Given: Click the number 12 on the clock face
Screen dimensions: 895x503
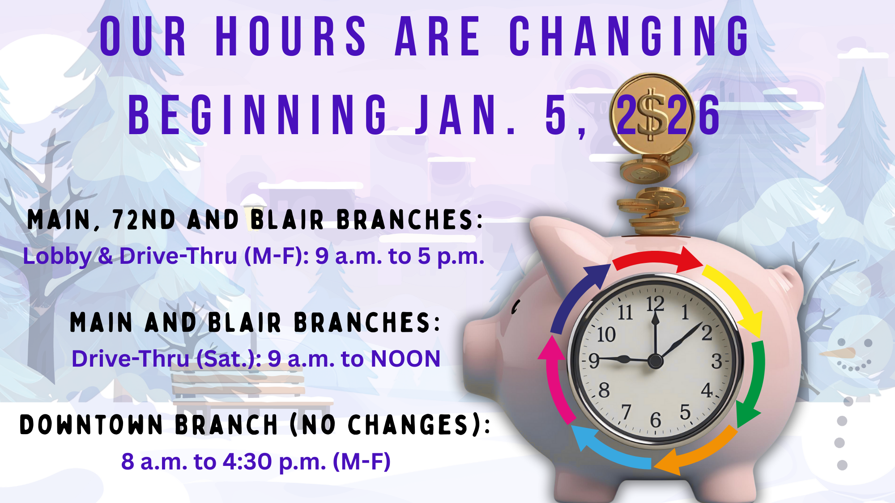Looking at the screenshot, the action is coord(655,304).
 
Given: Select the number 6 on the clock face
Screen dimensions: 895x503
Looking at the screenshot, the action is coord(656,420).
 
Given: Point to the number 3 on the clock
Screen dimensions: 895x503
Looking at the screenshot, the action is coord(716,361).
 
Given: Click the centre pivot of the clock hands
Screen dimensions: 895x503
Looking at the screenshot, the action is coord(656,360).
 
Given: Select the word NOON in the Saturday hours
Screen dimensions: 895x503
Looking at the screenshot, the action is coord(406,359).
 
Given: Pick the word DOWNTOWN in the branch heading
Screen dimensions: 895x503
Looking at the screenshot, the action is coord(91,425).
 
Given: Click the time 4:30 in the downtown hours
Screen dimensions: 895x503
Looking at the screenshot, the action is coord(247,461).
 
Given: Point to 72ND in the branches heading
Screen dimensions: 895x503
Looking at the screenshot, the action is coord(144,220).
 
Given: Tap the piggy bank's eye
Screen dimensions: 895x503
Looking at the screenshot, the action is coord(516,307).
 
